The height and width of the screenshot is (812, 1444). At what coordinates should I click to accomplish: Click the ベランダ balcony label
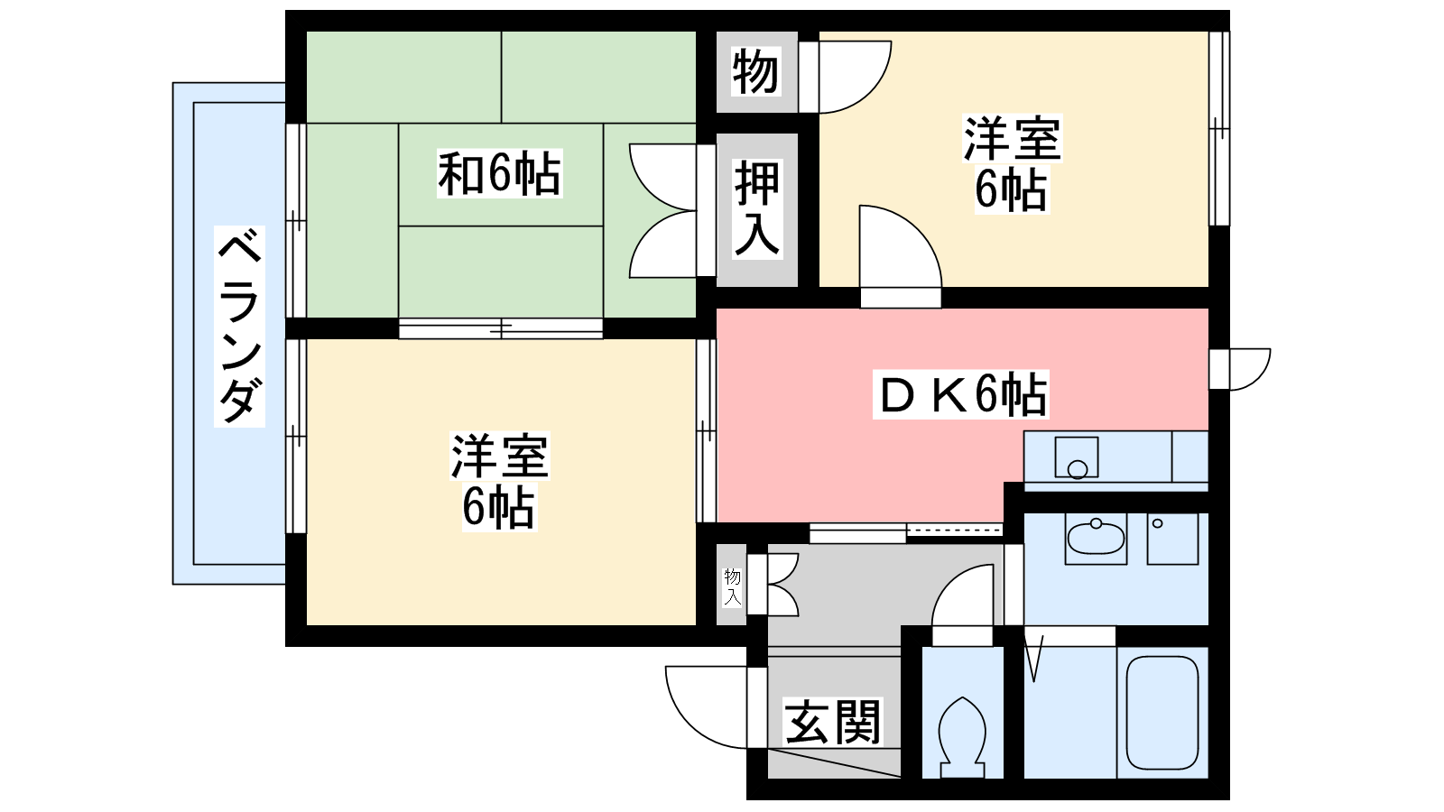[240, 327]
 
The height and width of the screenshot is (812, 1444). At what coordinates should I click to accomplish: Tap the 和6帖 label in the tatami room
[500, 173]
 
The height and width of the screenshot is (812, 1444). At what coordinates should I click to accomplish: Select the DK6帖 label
[961, 394]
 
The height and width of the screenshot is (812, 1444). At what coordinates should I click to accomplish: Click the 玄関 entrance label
[832, 722]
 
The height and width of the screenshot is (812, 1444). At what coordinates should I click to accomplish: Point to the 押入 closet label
[757, 208]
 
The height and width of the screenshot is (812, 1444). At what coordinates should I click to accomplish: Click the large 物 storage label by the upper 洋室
[756, 71]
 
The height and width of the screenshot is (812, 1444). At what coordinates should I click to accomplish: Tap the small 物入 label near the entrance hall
[732, 586]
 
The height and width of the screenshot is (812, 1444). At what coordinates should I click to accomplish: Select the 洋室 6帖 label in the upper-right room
[1012, 163]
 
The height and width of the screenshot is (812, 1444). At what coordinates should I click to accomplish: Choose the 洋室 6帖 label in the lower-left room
[500, 482]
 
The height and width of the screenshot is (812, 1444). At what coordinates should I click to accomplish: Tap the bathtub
[1162, 712]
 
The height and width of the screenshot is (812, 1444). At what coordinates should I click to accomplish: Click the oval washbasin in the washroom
[1096, 538]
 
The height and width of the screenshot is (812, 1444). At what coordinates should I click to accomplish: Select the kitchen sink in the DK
[1077, 457]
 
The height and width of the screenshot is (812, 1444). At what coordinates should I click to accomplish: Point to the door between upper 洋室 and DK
[901, 256]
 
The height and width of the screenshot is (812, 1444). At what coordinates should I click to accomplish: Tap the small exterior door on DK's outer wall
[1240, 369]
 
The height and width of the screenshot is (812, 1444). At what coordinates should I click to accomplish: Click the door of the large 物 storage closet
[846, 78]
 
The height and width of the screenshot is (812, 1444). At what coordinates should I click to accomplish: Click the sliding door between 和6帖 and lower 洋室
[500, 328]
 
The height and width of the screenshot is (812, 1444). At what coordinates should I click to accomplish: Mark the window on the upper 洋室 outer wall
[1219, 128]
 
